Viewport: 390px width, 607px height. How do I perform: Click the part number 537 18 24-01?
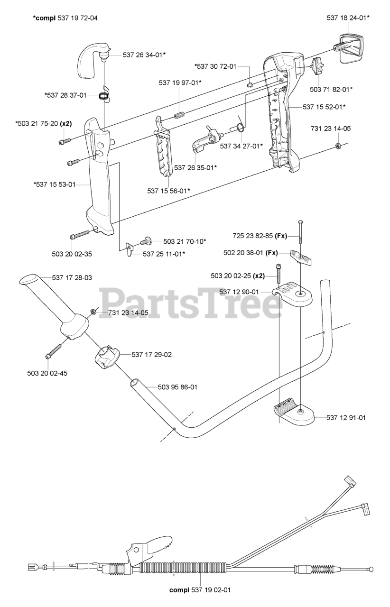click(x=348, y=18)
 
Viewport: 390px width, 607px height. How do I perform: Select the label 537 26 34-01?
click(x=144, y=55)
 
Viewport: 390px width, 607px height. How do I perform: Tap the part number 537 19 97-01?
click(x=180, y=83)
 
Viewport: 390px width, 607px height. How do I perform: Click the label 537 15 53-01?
click(x=55, y=184)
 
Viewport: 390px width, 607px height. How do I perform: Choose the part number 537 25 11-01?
click(x=164, y=254)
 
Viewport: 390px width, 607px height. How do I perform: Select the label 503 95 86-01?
click(x=177, y=387)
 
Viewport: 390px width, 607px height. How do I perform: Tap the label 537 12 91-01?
click(x=346, y=417)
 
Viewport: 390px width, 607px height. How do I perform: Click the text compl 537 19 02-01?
click(x=200, y=590)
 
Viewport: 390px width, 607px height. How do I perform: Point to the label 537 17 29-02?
click(x=152, y=354)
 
